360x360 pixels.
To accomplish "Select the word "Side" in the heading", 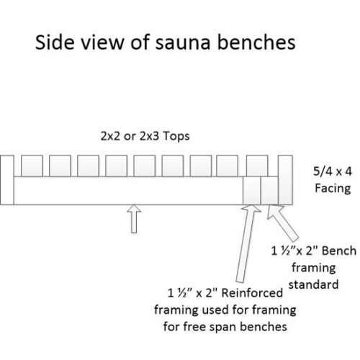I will pyautogui.click(x=51, y=44).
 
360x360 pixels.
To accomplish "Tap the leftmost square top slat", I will pyautogui.click(x=31, y=165).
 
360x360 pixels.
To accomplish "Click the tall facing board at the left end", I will pyautogui.click(x=7, y=179).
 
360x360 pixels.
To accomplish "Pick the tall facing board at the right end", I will pyautogui.click(x=285, y=179).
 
